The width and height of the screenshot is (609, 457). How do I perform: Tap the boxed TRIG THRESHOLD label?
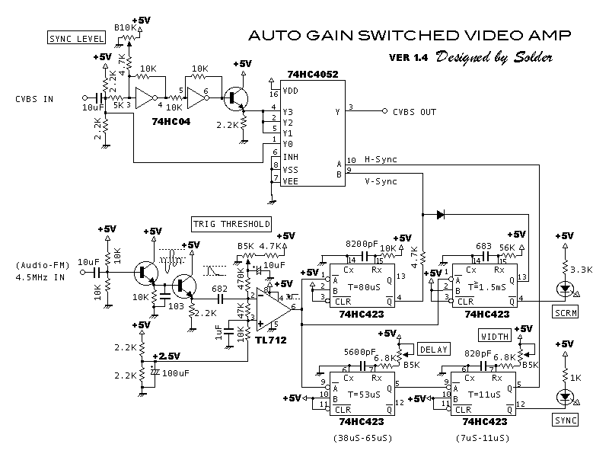pos(231,224)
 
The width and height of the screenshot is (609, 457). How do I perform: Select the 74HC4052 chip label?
pos(313,75)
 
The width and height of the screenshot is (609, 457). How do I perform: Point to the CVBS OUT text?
pos(414,112)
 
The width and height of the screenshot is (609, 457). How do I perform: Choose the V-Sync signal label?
pos(381,181)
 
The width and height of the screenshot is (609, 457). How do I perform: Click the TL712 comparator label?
pos(272,340)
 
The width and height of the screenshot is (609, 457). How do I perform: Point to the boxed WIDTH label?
pos(493,335)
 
